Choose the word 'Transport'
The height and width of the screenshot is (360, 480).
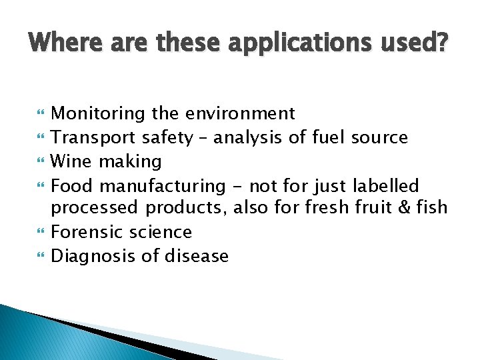[94, 138]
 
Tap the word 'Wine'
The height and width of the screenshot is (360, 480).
[71, 161]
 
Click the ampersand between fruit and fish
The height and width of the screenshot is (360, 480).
[403, 208]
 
